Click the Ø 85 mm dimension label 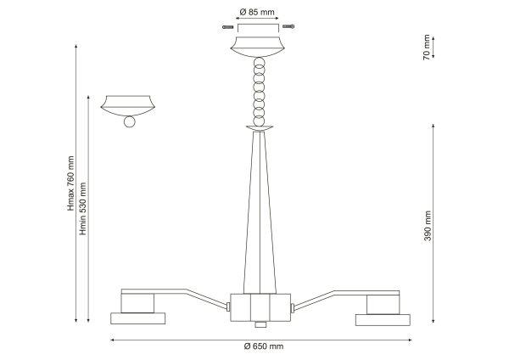pyautogui.click(x=257, y=13)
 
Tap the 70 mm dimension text pyautogui.click(x=427, y=47)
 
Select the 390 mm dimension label pyautogui.click(x=428, y=226)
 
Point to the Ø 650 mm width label pyautogui.click(x=264, y=346)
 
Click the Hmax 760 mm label pyautogui.click(x=70, y=183)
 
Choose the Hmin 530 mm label pyautogui.click(x=83, y=209)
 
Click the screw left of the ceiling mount pyautogui.click(x=228, y=27)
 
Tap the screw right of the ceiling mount pyautogui.click(x=288, y=26)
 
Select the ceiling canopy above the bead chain pyautogui.click(x=257, y=47)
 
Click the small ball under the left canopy pyautogui.click(x=129, y=121)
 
